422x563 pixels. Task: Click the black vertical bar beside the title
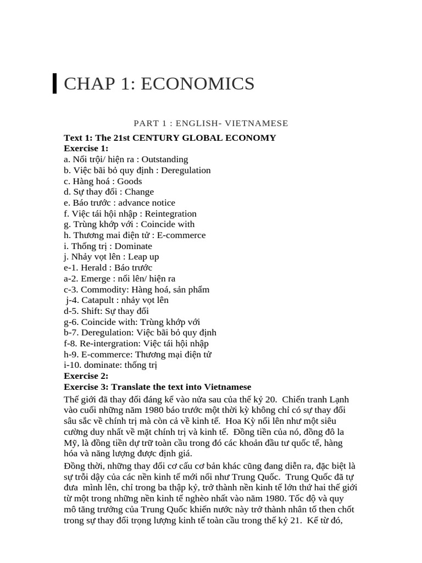click(54, 84)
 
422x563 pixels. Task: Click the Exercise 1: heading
click(86, 148)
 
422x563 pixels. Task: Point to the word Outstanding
click(164, 159)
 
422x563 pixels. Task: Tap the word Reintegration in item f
click(170, 213)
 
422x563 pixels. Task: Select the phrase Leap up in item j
click(144, 257)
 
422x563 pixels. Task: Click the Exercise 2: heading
click(86, 376)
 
